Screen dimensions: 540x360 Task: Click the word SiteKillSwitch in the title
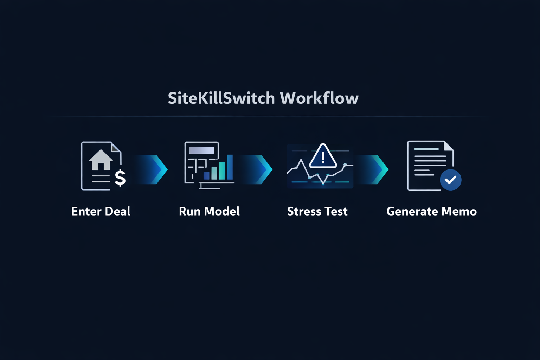221,98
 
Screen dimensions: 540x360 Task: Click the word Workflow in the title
319,98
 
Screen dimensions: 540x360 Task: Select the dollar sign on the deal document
120,178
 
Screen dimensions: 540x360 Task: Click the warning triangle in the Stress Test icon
323,156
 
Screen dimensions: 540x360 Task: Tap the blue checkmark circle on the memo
450,180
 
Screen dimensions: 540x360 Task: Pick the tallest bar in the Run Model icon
230,167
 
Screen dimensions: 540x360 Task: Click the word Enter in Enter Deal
86,211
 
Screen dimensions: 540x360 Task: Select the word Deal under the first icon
118,211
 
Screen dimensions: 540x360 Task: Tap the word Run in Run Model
190,211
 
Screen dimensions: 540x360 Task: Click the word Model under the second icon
222,211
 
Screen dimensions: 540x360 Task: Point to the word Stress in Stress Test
304,211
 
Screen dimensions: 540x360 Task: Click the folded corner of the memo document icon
448,146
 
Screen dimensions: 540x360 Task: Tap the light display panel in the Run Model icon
201,150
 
